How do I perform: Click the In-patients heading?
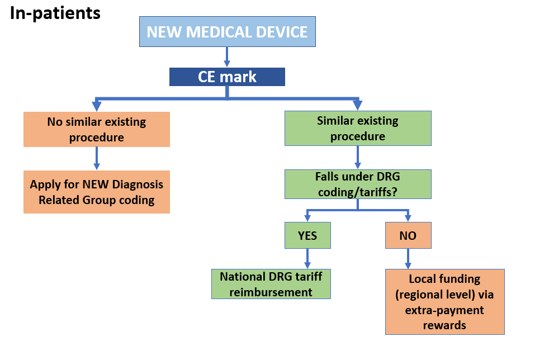coord(55,13)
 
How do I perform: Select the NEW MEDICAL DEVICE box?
coord(227,31)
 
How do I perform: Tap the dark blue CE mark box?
coord(227,77)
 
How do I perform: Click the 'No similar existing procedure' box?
coord(97,129)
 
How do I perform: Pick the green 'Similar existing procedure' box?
coord(358,128)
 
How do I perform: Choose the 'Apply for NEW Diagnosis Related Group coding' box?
coord(97,192)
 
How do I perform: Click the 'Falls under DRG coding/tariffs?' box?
coord(358,184)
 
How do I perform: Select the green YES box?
coord(307,235)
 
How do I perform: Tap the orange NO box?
coord(408,235)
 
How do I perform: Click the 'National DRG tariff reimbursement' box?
coord(271,284)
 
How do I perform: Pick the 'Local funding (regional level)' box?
coord(444,302)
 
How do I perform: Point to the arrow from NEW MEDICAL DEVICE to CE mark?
coord(227,56)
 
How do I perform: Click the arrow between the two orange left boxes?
coord(97,158)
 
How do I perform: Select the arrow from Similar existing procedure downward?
coord(358,157)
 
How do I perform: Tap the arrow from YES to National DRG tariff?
coord(307,258)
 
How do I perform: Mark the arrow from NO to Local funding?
coord(408,258)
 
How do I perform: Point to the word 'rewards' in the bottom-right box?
coord(444,324)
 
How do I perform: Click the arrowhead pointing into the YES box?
coord(307,217)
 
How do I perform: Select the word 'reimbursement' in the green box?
coord(271,292)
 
